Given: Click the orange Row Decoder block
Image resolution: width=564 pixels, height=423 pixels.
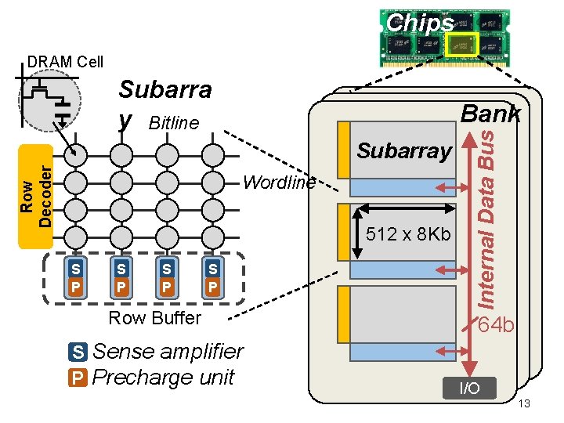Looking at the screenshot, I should (x=37, y=195).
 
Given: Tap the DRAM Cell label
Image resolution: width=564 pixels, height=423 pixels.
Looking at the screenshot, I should (x=65, y=62).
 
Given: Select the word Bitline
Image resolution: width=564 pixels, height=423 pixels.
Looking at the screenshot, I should (x=174, y=123).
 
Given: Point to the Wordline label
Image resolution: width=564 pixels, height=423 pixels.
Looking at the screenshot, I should (x=280, y=183).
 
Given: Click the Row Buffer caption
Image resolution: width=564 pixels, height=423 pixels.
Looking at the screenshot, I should (x=154, y=318).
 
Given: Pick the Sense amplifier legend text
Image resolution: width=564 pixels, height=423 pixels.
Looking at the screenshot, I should (x=168, y=352).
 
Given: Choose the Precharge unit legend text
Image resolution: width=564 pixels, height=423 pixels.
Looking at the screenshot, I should (x=163, y=378).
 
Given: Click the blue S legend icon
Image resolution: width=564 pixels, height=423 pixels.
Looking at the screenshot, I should (x=78, y=352).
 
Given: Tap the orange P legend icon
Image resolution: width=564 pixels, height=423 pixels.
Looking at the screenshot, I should (x=78, y=378).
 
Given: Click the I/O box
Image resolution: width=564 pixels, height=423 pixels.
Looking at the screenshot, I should (x=469, y=388).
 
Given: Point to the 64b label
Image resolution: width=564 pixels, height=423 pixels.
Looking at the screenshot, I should (x=497, y=324).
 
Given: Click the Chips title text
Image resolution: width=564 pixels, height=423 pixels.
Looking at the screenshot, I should (x=420, y=23).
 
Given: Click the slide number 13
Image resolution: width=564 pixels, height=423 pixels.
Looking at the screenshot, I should (x=525, y=403).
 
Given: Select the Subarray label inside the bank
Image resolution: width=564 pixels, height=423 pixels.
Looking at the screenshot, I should (x=404, y=150).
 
